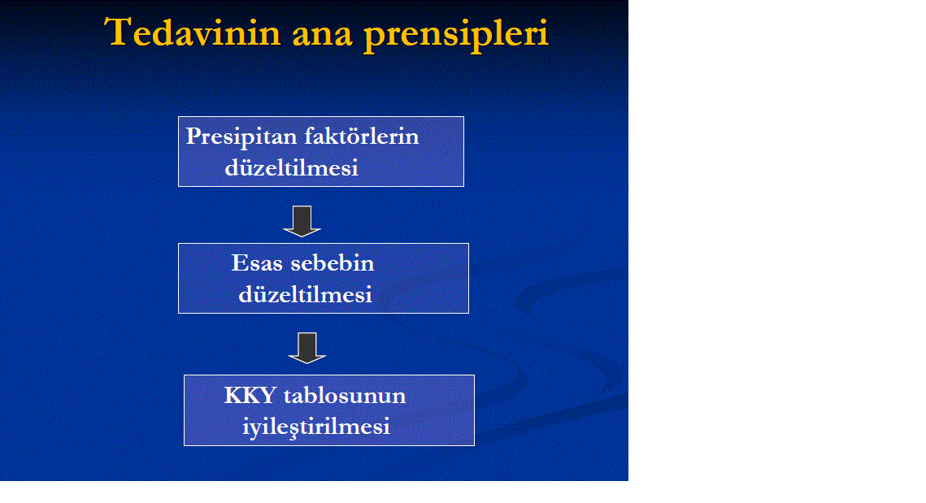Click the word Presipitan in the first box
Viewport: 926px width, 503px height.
point(241,137)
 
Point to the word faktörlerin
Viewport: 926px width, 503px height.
point(362,137)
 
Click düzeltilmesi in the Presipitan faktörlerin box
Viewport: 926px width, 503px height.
point(291,167)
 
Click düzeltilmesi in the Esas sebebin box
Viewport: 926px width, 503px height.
point(306,294)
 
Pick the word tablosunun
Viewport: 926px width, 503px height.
point(345,396)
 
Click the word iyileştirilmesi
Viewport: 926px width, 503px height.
point(316,427)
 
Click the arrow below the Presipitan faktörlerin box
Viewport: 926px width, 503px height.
point(302,221)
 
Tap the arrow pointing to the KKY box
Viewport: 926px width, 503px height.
point(307,348)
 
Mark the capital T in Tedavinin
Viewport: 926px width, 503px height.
point(118,32)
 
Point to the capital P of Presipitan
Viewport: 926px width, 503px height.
point(193,136)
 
